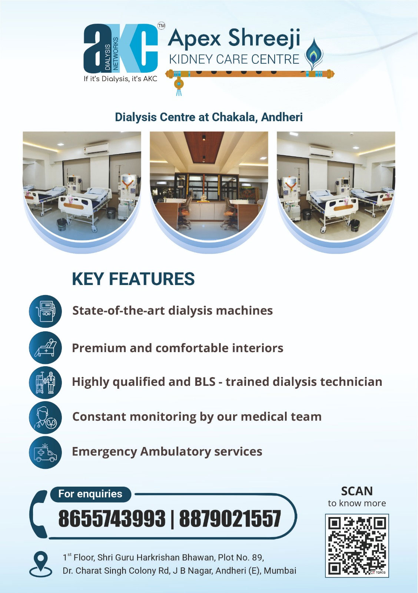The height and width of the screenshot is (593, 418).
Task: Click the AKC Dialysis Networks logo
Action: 121,49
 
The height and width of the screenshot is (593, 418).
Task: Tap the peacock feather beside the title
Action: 314,54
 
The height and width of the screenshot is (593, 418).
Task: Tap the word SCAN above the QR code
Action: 357,491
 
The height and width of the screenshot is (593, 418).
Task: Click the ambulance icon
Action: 45,453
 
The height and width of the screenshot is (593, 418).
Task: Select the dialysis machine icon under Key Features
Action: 45,311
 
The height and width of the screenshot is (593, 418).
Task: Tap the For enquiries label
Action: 90,494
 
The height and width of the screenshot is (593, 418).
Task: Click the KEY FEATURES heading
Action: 133,279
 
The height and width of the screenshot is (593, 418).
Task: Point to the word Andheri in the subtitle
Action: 282,117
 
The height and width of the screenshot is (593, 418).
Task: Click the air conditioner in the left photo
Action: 96,149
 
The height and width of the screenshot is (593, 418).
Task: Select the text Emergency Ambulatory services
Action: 167,452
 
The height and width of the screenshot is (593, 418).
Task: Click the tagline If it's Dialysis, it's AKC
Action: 120,79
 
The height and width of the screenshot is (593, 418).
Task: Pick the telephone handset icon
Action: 39,514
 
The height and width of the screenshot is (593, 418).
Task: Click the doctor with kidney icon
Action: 45,417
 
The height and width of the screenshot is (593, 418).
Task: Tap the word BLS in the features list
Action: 205,382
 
